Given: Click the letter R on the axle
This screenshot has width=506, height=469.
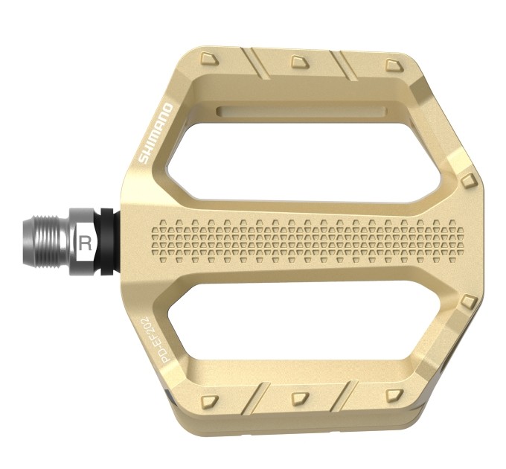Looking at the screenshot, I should tap(85, 243).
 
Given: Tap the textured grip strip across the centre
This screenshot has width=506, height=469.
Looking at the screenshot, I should tap(313, 240).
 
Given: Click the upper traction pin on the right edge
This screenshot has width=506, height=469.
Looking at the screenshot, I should tap(467, 181).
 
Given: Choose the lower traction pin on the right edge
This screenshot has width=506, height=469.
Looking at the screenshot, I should tap(468, 301).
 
